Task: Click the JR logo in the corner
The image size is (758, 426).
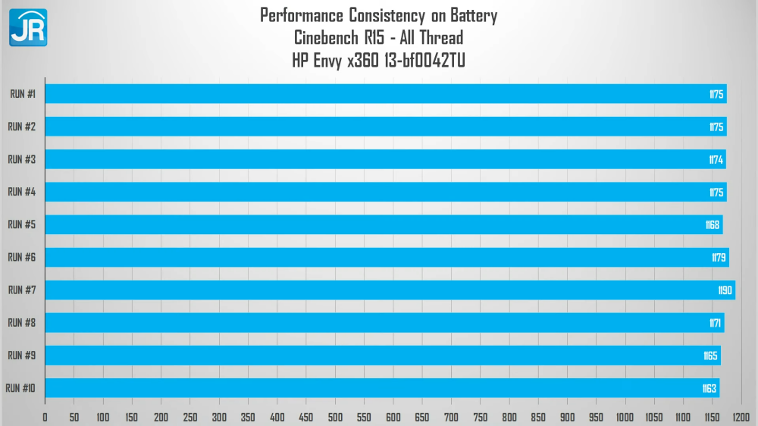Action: click(28, 27)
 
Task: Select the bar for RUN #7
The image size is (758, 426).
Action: click(390, 290)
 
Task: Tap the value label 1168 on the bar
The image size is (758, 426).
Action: click(712, 225)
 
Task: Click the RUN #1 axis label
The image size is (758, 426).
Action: click(23, 94)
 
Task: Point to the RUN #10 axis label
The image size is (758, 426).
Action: click(20, 389)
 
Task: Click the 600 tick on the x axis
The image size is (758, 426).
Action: click(393, 417)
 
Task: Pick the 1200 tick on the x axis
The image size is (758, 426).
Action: click(741, 417)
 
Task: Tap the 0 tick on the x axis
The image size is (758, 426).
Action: click(45, 417)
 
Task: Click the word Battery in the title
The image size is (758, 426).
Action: click(473, 15)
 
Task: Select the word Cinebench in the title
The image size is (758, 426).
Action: click(328, 37)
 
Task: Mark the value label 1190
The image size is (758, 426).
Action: click(725, 290)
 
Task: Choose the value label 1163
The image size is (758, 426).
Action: click(709, 389)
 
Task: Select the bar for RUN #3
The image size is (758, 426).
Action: click(385, 159)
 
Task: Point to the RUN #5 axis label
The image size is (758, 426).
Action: click(22, 225)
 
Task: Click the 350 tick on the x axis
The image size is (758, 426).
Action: click(248, 417)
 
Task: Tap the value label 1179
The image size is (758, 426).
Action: click(719, 258)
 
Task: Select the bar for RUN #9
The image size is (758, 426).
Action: click(382, 356)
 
